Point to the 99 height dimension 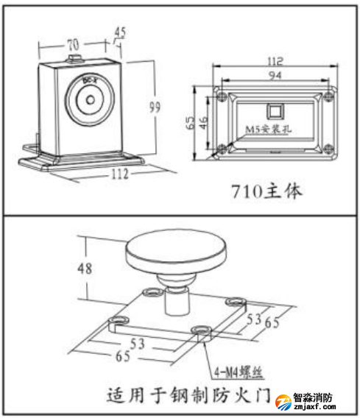point(155,107)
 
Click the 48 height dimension point(85,268)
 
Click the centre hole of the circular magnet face point(90,99)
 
